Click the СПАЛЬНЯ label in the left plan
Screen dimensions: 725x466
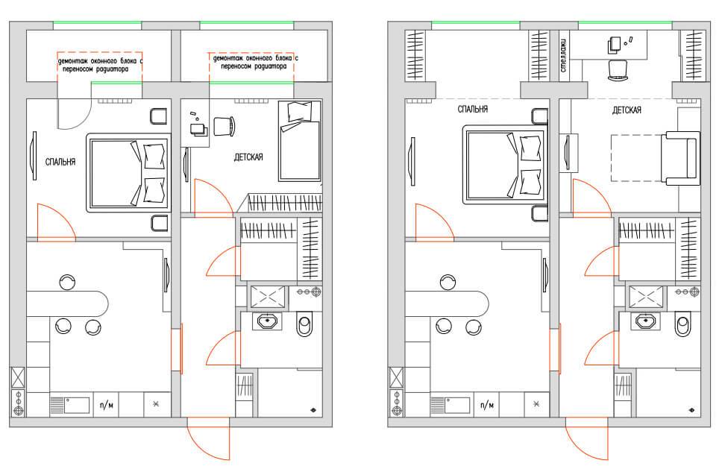(60, 162)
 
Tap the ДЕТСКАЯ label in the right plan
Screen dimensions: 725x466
(627, 110)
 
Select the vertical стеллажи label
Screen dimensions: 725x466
(563, 55)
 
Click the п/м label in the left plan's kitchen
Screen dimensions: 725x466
(107, 406)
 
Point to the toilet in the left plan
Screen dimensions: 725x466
(304, 324)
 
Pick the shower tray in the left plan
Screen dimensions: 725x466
(268, 296)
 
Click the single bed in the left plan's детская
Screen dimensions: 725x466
(300, 140)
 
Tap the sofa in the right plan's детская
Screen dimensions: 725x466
(680, 159)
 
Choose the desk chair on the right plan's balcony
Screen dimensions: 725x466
(618, 70)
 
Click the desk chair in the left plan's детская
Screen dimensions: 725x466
(225, 126)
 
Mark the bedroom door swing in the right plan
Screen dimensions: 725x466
(435, 223)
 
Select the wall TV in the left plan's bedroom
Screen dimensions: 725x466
(34, 156)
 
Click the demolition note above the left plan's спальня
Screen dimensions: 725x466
(100, 65)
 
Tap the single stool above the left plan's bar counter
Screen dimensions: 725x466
(68, 282)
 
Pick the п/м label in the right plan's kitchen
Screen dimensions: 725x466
(486, 406)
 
